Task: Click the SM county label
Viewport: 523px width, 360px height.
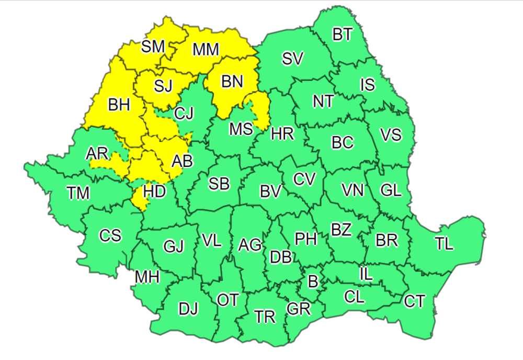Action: (x=153, y=47)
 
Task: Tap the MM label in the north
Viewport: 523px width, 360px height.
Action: (x=206, y=50)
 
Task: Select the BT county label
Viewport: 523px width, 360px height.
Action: (x=343, y=35)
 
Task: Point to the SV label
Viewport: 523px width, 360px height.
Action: (x=292, y=59)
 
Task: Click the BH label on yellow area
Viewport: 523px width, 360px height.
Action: (x=119, y=105)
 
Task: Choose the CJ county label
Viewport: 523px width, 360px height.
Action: (x=184, y=113)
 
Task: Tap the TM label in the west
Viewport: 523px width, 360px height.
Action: (x=78, y=194)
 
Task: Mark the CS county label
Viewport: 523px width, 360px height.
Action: (x=110, y=236)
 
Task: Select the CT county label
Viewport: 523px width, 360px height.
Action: (x=414, y=301)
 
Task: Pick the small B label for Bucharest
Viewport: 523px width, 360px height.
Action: (x=313, y=282)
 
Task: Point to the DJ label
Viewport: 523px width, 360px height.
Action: (x=188, y=310)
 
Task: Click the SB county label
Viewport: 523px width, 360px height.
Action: (x=219, y=184)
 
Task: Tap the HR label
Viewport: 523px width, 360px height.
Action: (x=282, y=134)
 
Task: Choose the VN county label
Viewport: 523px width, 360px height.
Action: (x=352, y=190)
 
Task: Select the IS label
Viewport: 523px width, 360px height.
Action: (x=368, y=84)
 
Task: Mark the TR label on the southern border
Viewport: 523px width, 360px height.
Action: (x=265, y=317)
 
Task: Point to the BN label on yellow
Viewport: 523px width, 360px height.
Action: (x=232, y=82)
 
